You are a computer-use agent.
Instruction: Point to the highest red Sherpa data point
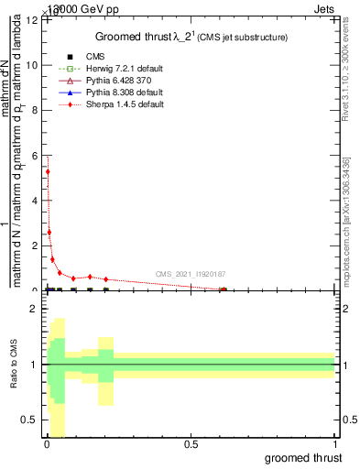[x=48, y=171]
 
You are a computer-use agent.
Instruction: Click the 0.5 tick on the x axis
[x=191, y=443]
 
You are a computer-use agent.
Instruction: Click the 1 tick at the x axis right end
[x=335, y=443]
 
